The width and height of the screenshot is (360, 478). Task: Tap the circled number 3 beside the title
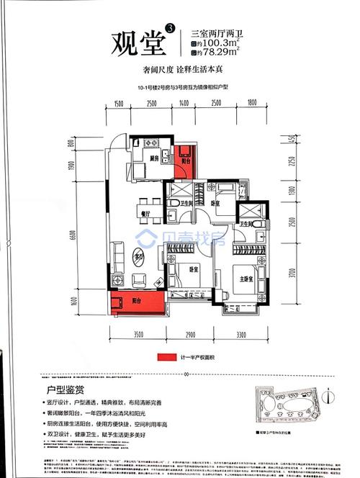click(169, 27)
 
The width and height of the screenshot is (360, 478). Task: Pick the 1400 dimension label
click(184, 104)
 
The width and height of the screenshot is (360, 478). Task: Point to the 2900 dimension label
click(187, 334)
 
